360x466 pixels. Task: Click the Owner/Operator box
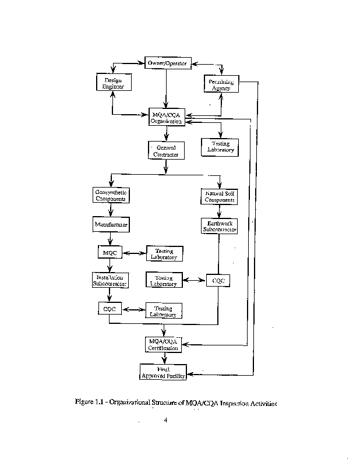(167, 62)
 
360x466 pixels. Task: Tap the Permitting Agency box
(221, 85)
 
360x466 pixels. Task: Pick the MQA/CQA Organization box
(167, 118)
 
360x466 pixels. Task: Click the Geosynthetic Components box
(111, 195)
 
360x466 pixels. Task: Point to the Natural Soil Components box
(220, 196)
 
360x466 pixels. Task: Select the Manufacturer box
(110, 224)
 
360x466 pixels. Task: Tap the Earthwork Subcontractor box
(219, 226)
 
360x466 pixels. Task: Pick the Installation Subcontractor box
(110, 280)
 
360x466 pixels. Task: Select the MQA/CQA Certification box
(163, 344)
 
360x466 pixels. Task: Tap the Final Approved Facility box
(163, 372)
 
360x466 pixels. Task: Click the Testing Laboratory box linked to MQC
(164, 253)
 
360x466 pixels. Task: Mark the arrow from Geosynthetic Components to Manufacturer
(110, 210)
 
